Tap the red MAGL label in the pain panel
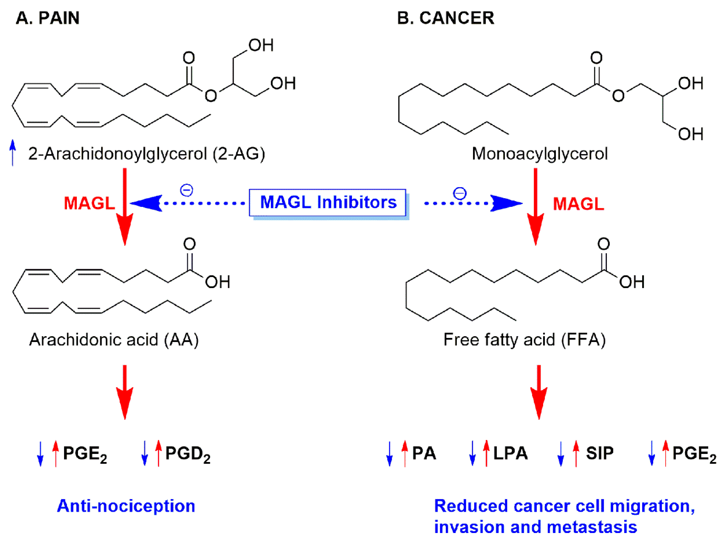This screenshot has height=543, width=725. [x=89, y=203]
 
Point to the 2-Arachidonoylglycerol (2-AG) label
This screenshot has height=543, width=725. [x=146, y=154]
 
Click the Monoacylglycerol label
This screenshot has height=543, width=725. [x=540, y=154]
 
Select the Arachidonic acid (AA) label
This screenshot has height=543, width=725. [x=114, y=340]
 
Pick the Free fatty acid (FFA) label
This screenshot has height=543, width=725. [x=524, y=340]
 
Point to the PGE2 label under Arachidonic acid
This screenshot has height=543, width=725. [x=85, y=454]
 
